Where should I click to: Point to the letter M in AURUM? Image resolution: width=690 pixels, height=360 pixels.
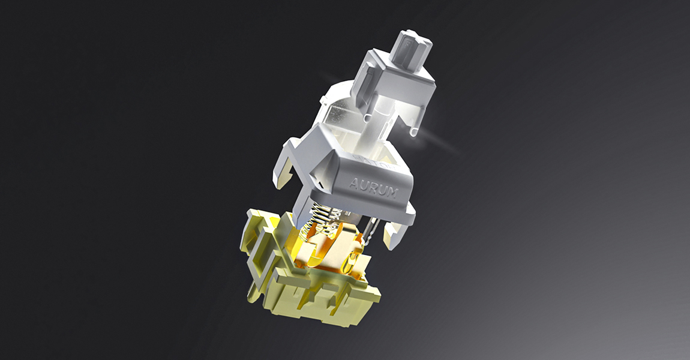pyautogui.click(x=392, y=193)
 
